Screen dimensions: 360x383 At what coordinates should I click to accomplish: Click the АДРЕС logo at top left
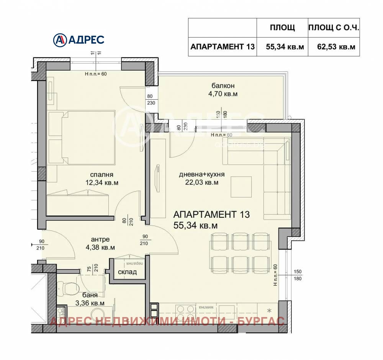78,39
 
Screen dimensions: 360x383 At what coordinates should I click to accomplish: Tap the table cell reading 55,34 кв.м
285,47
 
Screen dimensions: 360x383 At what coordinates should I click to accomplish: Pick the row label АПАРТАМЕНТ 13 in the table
222,47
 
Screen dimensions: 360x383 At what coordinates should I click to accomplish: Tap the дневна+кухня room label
201,174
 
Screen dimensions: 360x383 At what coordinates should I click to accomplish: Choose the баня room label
89,295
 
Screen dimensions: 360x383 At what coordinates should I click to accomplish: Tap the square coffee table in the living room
241,187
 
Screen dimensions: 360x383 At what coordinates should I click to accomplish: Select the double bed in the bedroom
88,136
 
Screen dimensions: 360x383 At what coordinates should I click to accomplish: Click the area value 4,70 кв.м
222,94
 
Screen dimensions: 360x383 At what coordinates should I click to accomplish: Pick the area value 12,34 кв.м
102,183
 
